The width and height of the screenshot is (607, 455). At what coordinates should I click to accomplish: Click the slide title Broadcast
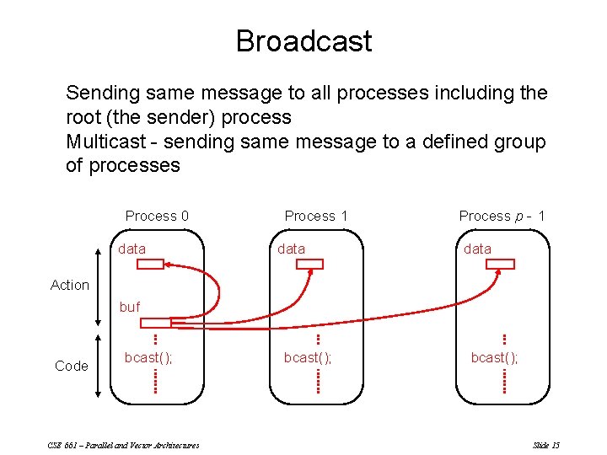303,40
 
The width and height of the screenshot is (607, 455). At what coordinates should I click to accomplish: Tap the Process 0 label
157,217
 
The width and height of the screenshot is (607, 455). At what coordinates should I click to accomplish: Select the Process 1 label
316,217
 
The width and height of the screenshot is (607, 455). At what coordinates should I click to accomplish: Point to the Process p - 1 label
502,217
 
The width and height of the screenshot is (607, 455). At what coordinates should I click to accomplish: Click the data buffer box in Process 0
150,265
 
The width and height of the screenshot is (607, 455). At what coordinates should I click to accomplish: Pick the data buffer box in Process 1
309,265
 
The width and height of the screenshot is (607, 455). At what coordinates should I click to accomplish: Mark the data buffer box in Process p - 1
502,265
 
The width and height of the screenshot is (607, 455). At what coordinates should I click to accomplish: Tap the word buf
129,308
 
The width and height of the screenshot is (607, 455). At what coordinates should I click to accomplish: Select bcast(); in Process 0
148,357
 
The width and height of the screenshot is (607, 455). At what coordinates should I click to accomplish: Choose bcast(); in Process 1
308,357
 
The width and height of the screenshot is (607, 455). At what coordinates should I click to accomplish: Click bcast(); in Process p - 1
495,357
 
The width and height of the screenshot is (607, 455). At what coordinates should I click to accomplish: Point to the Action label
70,285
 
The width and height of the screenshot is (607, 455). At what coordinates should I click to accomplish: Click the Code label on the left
72,366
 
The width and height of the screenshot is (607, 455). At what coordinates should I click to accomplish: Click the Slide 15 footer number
546,445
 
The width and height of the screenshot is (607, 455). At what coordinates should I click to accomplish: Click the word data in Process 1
292,249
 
